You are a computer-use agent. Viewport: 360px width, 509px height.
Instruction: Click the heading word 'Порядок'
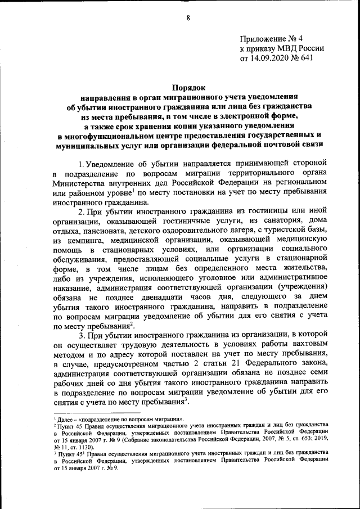188,87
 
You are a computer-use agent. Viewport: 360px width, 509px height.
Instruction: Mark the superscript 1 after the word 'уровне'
132,189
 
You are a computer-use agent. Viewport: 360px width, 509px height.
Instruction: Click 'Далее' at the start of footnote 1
65,419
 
